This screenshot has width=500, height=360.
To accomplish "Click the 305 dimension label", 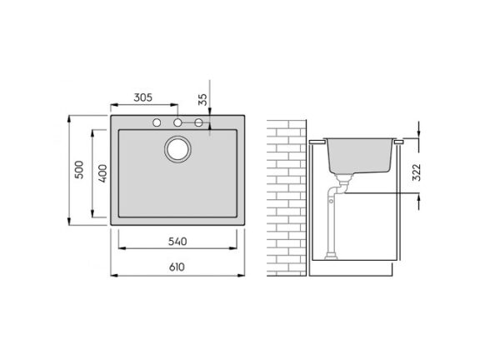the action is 142,97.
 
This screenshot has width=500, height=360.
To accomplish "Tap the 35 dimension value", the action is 202,99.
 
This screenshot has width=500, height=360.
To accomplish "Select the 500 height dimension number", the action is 79,170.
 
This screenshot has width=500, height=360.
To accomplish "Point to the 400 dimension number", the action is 102,173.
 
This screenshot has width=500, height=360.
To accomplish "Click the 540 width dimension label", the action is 177,242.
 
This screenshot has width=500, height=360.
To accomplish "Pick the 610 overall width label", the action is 177,267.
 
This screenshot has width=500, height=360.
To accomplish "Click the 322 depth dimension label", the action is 417,172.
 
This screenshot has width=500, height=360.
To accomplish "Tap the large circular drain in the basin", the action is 177,149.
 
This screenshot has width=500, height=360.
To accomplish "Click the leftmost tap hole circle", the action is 157,122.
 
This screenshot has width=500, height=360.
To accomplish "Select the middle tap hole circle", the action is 177,122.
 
